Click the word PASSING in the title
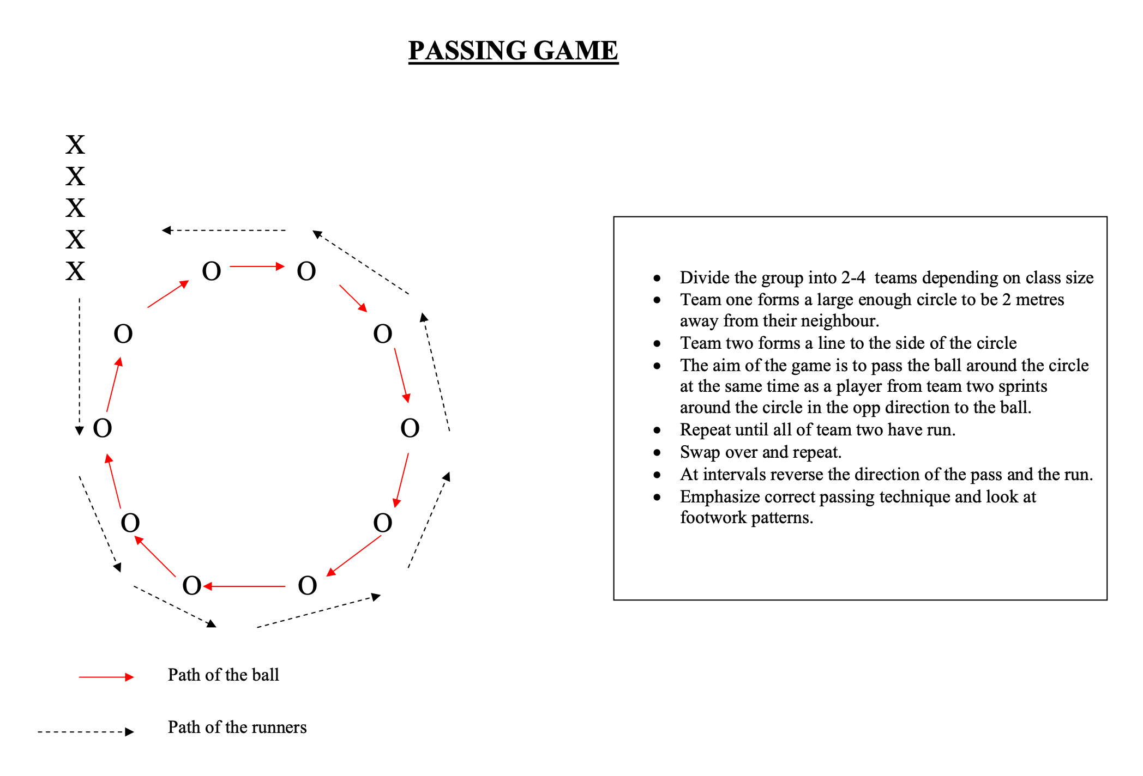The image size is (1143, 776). pyautogui.click(x=467, y=51)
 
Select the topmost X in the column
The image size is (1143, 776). pyautogui.click(x=75, y=145)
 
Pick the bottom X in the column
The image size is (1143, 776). pyautogui.click(x=75, y=271)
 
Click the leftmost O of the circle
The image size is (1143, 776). pyautogui.click(x=103, y=428)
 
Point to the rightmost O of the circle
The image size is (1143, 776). pyautogui.click(x=410, y=428)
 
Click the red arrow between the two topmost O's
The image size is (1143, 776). pyautogui.click(x=257, y=266)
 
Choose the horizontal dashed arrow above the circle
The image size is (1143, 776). pyautogui.click(x=224, y=231)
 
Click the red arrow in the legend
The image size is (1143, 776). pyautogui.click(x=106, y=677)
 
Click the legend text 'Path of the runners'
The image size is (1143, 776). pyautogui.click(x=237, y=727)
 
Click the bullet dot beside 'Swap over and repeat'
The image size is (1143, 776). pyautogui.click(x=657, y=453)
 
